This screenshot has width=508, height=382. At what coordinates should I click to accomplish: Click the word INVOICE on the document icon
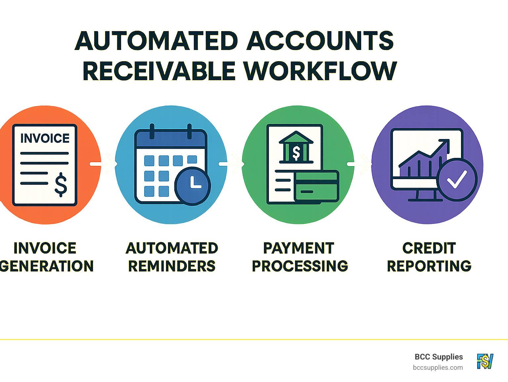pos(45,138)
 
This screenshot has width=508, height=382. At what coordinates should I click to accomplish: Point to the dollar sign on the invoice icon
pos(61,184)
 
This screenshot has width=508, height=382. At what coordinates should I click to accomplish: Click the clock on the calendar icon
pos(192,186)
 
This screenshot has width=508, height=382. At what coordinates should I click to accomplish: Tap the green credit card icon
pos(317,186)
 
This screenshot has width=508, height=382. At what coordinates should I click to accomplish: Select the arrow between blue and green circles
pos(232,164)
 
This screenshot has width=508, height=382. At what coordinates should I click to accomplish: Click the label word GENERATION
pos(47,266)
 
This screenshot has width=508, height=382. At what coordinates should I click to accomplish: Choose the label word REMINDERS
pos(172,266)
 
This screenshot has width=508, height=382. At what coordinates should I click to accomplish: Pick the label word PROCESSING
pos(300,266)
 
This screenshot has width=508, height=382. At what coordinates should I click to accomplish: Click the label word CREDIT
pos(429,248)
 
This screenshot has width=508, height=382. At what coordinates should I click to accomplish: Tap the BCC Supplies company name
pos(439,357)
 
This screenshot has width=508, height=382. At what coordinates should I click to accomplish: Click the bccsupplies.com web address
pos(438,367)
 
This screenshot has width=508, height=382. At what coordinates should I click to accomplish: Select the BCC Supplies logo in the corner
pos(485,361)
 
